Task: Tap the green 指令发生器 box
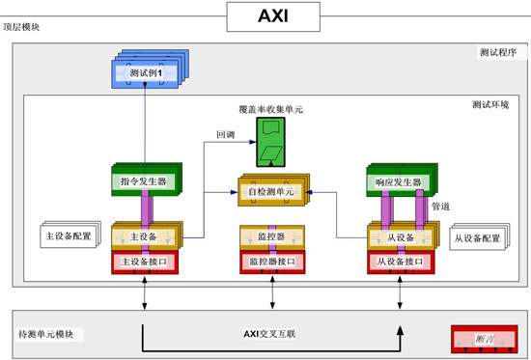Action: point(144,181)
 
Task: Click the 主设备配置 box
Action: point(70,235)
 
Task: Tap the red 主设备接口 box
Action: point(145,261)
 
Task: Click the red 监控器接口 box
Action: point(272,261)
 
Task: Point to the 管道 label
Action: point(439,206)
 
